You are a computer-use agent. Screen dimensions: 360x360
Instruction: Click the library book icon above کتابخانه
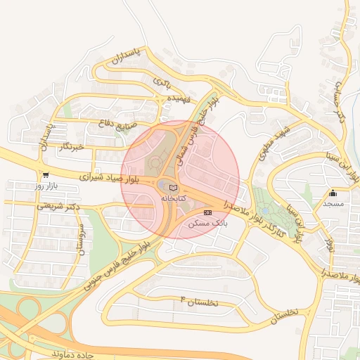tap(173, 187)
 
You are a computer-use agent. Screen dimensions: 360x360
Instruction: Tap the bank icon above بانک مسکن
tap(207, 212)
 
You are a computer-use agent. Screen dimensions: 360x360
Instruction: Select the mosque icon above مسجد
tap(333, 193)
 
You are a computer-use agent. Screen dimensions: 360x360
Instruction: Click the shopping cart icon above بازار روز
tap(46, 176)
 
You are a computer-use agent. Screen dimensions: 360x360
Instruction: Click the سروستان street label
tap(79, 240)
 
